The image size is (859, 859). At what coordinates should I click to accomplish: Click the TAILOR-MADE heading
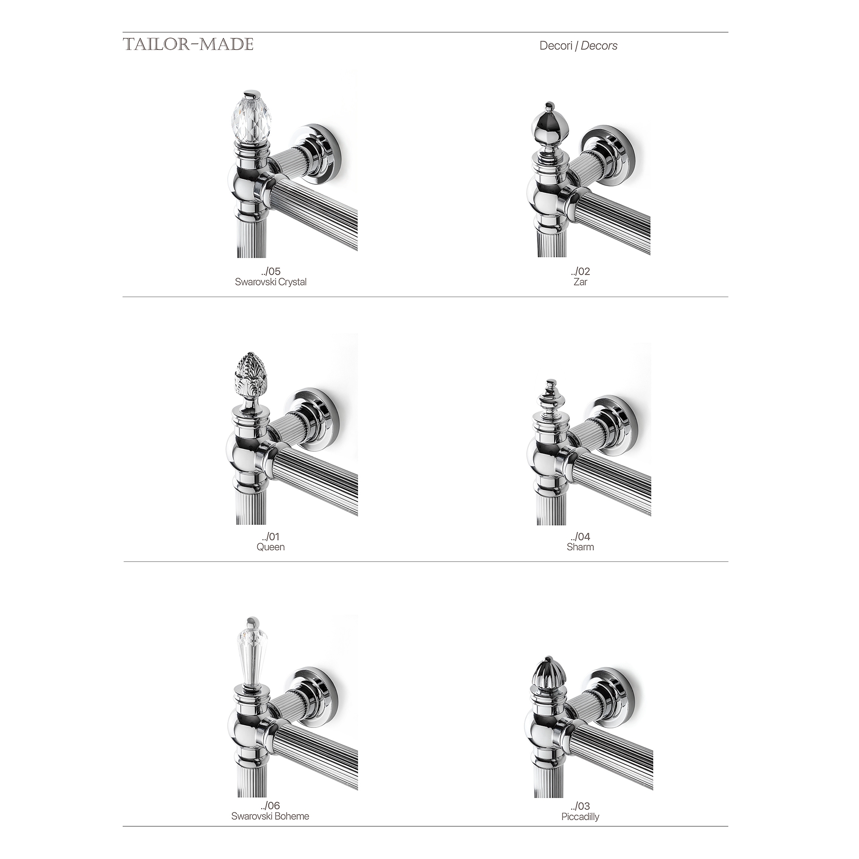point(188,44)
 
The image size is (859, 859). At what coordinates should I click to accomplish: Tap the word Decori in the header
point(556,46)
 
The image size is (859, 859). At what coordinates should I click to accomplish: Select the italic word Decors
point(599,46)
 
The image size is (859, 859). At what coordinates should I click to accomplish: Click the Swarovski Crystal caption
point(271,282)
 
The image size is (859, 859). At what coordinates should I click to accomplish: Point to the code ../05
point(271,271)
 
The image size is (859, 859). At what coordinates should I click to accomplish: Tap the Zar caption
point(580,282)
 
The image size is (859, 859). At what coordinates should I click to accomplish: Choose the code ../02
point(580,271)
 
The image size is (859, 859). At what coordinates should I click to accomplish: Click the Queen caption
point(271,547)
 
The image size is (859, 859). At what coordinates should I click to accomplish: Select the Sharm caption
point(580,547)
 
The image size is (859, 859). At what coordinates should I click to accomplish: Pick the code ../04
point(580,536)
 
